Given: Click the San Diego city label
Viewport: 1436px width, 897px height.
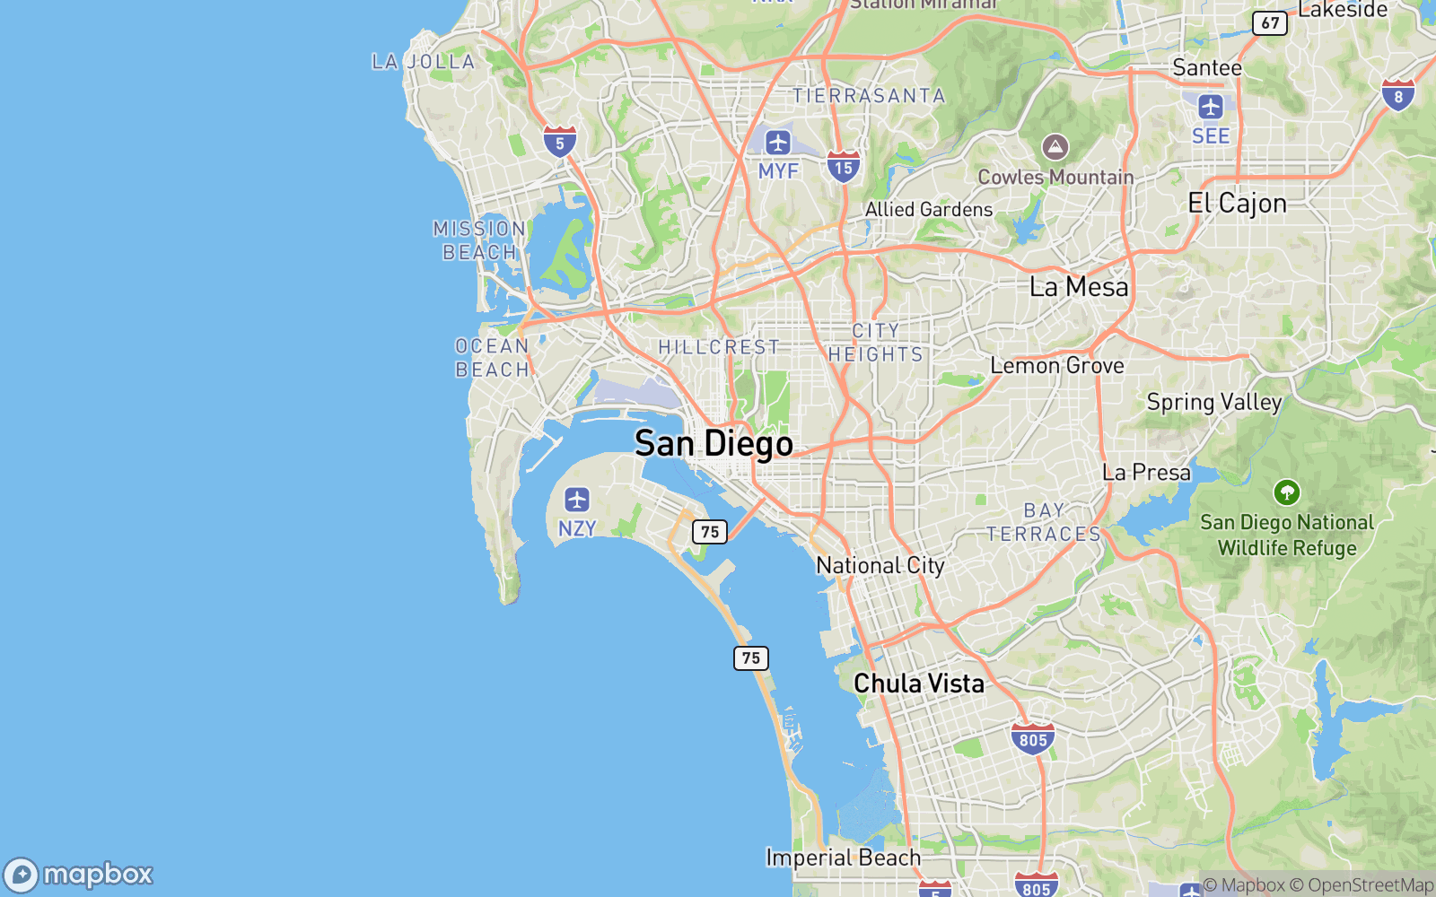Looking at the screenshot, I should click(x=714, y=443).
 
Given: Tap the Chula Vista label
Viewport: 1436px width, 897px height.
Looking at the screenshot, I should click(x=918, y=684).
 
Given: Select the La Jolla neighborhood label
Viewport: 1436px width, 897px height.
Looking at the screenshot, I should click(x=424, y=62).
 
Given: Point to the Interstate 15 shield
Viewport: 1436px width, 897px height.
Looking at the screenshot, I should click(x=843, y=167).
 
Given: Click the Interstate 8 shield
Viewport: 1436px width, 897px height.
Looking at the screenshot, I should click(x=1397, y=95).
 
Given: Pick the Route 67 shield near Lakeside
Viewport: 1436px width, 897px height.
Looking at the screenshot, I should click(x=1270, y=22).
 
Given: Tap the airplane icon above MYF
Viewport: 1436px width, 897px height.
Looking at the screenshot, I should click(x=777, y=142).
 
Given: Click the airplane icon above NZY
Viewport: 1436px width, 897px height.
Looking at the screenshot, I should click(x=576, y=500).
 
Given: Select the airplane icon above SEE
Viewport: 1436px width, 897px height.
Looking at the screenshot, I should click(x=1211, y=107).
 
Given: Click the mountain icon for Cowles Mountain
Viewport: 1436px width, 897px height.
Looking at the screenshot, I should click(x=1055, y=147).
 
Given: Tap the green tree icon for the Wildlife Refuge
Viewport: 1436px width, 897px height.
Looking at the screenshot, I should click(x=1286, y=492).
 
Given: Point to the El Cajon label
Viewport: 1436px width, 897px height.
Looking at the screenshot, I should click(x=1237, y=204).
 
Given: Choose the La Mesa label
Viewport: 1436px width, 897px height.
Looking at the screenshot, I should click(x=1079, y=287).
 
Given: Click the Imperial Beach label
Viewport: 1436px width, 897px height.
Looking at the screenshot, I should click(x=843, y=858).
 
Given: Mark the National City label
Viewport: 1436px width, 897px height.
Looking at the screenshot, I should click(x=880, y=565).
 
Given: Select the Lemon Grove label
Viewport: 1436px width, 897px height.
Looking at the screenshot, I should click(x=1057, y=365).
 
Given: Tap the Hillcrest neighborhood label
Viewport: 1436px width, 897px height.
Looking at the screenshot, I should click(x=719, y=347).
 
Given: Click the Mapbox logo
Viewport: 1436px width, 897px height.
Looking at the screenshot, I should click(x=79, y=875).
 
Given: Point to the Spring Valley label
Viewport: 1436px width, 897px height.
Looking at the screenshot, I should click(x=1213, y=402).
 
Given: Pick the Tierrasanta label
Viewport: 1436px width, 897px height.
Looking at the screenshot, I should click(x=869, y=96).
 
